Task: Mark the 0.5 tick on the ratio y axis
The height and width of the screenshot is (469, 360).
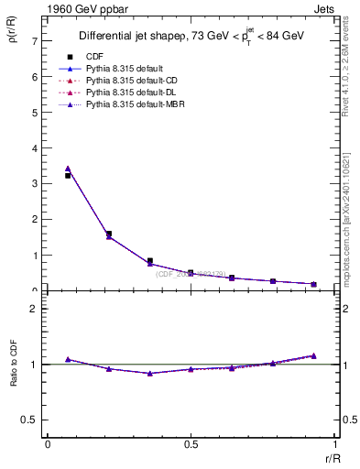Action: coord(29,420)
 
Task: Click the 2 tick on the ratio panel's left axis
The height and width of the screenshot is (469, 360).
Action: coord(34,309)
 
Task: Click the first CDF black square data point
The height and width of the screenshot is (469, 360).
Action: coord(68,175)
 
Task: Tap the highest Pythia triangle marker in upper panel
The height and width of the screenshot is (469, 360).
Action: coord(68,169)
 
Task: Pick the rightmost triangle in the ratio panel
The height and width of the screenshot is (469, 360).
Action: coord(313,355)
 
